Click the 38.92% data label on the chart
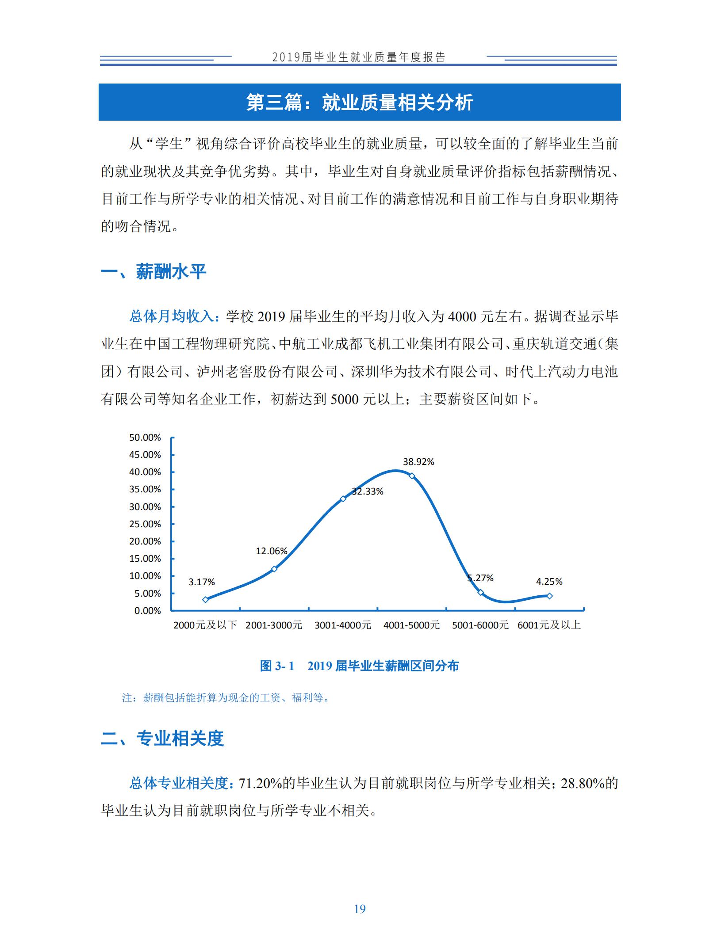[x=418, y=462]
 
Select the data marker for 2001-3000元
[x=274, y=569]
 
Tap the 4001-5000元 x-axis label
[x=411, y=625]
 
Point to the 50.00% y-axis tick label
[x=145, y=438]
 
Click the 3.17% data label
[x=201, y=582]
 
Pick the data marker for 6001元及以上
[x=549, y=596]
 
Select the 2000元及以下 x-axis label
[x=205, y=625]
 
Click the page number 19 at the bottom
[x=360, y=909]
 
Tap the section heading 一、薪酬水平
[x=153, y=272]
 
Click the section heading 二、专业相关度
[x=162, y=738]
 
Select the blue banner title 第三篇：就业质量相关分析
[x=359, y=102]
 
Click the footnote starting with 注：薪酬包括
[x=226, y=698]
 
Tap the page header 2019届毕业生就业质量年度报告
[x=359, y=57]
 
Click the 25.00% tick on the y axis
[x=145, y=524]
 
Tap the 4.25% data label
[x=549, y=582]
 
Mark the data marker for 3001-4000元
[x=343, y=499]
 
